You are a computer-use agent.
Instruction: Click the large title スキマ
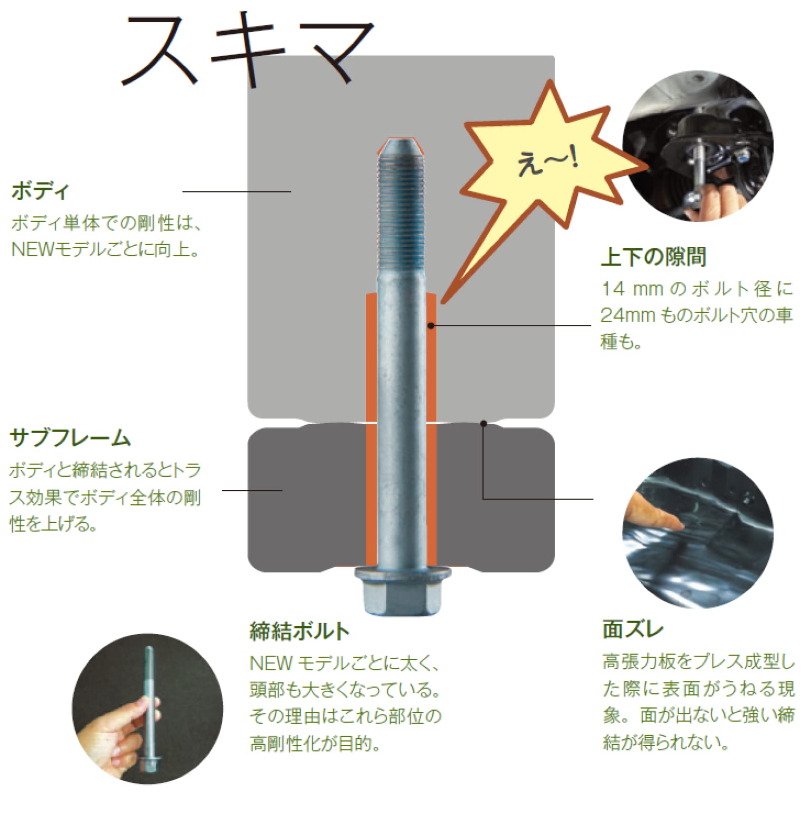click(x=248, y=51)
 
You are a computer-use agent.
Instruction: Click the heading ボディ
click(x=40, y=191)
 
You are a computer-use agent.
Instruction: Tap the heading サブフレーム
click(x=70, y=438)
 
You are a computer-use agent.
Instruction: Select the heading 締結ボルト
click(x=299, y=631)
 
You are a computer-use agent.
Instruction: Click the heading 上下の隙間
click(x=653, y=257)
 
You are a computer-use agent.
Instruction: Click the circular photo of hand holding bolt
click(x=147, y=708)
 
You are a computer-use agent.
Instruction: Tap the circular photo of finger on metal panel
click(x=697, y=533)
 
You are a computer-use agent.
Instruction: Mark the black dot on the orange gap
click(x=431, y=326)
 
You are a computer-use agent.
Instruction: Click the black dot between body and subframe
click(x=484, y=423)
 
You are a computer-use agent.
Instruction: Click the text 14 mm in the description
click(x=632, y=289)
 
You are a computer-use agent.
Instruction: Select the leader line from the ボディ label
click(x=236, y=192)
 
